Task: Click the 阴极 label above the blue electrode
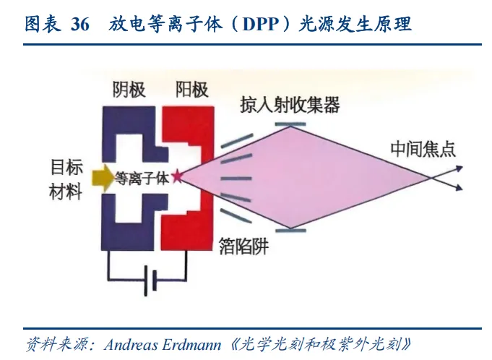click(129, 90)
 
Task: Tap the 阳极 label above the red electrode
click(191, 90)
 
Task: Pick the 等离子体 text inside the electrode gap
click(142, 178)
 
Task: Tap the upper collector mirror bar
click(290, 124)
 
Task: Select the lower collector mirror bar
click(290, 230)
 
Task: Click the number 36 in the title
click(80, 25)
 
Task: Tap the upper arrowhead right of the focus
click(458, 168)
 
